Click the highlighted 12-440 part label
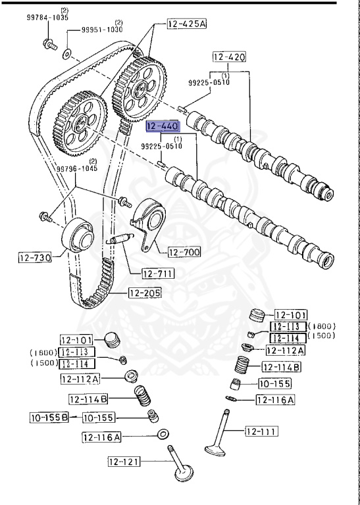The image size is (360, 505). (161, 126)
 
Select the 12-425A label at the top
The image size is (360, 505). (186, 24)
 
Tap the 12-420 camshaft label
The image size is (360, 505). (229, 57)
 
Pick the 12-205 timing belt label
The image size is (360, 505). (145, 293)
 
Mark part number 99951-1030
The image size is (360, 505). (102, 30)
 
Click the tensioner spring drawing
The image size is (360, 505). (123, 240)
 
